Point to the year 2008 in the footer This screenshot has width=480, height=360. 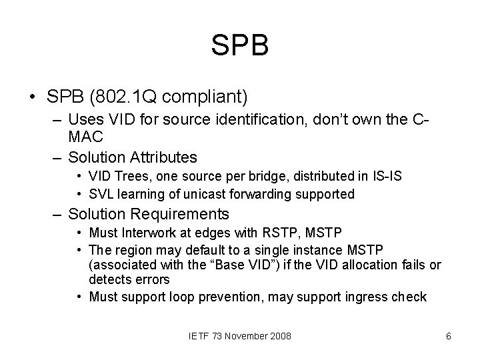tap(280, 336)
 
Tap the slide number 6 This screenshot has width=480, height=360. tap(449, 336)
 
